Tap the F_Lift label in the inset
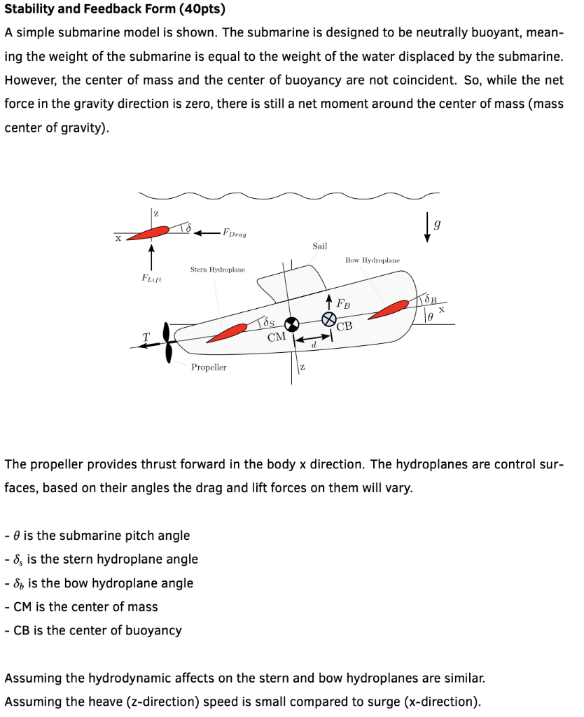[151, 278]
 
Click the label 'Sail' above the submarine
[319, 246]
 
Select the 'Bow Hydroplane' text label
[373, 260]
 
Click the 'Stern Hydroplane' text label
[218, 269]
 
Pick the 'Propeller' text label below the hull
[209, 367]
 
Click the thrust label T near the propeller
[146, 337]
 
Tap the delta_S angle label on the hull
[267, 323]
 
